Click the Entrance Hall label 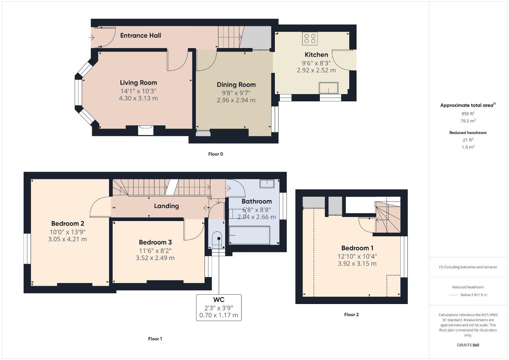click(140, 35)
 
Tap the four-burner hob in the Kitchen click(310, 38)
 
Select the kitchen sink click(329, 88)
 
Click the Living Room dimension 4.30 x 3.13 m click(138, 98)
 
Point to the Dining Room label click(236, 85)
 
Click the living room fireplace click(146, 130)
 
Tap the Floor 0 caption click(215, 154)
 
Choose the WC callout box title click(218, 300)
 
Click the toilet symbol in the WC click(217, 240)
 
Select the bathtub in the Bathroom click(249, 235)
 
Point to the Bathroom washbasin click(267, 184)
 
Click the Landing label click(166, 206)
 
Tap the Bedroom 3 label click(155, 242)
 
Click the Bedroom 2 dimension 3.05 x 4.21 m click(67, 239)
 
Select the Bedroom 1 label click(357, 248)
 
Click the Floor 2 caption click(351, 315)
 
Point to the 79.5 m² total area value click(468, 121)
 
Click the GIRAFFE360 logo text click(468, 345)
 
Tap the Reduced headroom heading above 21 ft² click(468, 133)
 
